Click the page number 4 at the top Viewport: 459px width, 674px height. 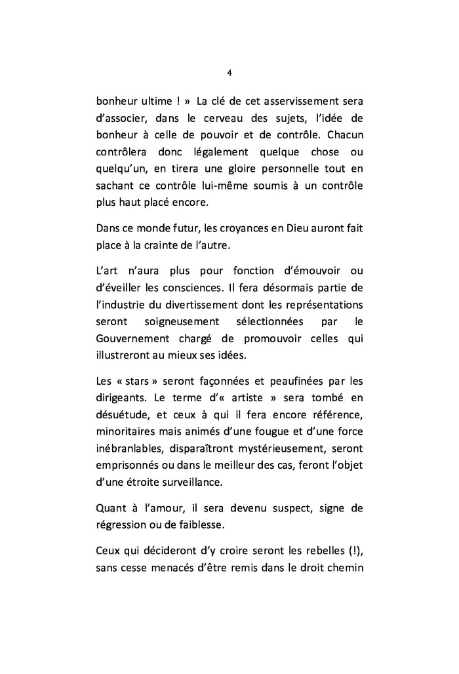(x=229, y=72)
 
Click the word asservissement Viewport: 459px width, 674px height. (x=281, y=102)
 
